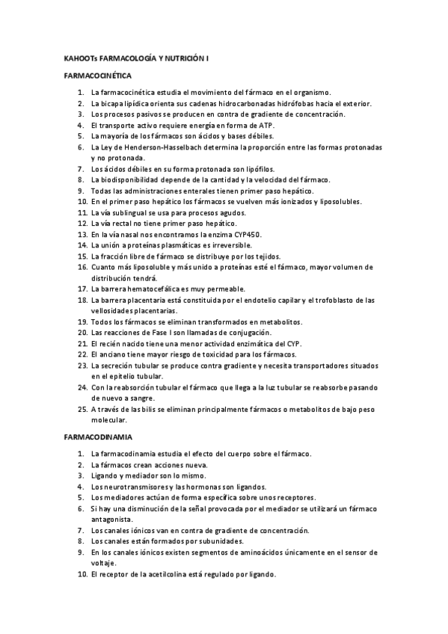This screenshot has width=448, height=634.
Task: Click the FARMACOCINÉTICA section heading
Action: pyautogui.click(x=98, y=76)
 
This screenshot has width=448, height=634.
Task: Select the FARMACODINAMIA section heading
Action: pyautogui.click(x=97, y=437)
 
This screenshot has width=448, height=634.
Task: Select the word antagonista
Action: pyautogui.click(x=112, y=519)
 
